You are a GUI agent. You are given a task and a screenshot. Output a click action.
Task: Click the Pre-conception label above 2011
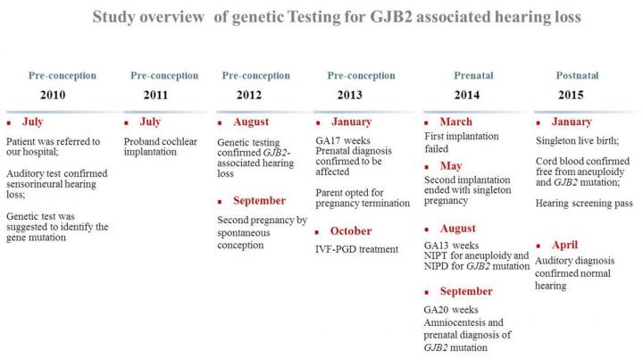click(x=163, y=76)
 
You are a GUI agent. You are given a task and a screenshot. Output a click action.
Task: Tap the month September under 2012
click(x=259, y=200)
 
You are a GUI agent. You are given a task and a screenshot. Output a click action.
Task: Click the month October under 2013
click(x=351, y=231)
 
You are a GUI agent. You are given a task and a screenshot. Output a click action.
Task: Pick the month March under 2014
click(x=456, y=121)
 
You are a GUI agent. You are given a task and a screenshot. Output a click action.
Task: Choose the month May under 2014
click(x=452, y=165)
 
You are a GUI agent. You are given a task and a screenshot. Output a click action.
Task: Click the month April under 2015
click(x=565, y=245)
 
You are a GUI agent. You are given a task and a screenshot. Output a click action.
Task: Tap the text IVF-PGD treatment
click(x=356, y=249)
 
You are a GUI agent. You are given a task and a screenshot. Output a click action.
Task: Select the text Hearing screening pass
click(x=585, y=204)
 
